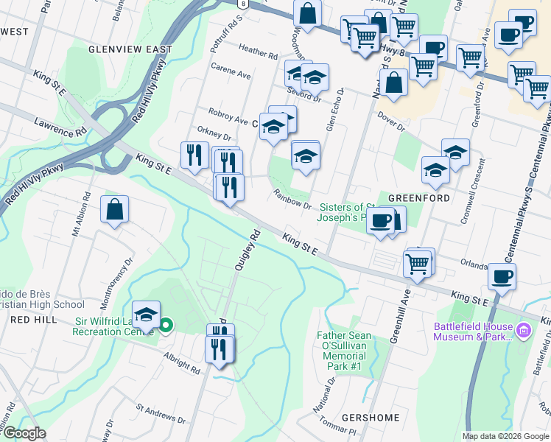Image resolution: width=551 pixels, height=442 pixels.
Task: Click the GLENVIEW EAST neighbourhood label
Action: pyautogui.click(x=130, y=49)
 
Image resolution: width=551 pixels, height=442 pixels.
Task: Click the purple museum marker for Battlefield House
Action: pyautogui.click(x=523, y=329)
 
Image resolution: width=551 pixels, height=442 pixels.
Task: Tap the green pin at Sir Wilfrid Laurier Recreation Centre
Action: pyautogui.click(x=166, y=324)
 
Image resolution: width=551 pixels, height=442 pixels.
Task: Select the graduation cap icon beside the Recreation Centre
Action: pyautogui.click(x=146, y=315)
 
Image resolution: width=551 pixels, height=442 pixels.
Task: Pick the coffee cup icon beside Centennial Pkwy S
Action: pyautogui.click(x=502, y=277)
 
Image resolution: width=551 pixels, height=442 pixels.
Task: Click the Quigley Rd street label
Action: pyautogui.click(x=248, y=250)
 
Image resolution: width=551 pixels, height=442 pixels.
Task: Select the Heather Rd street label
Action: pyautogui.click(x=258, y=52)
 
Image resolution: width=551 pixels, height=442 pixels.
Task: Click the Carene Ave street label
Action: pyautogui.click(x=232, y=74)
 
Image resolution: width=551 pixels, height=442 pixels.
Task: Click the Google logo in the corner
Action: pyautogui.click(x=24, y=433)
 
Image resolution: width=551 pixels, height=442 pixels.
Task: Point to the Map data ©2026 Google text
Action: pyautogui.click(x=505, y=436)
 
